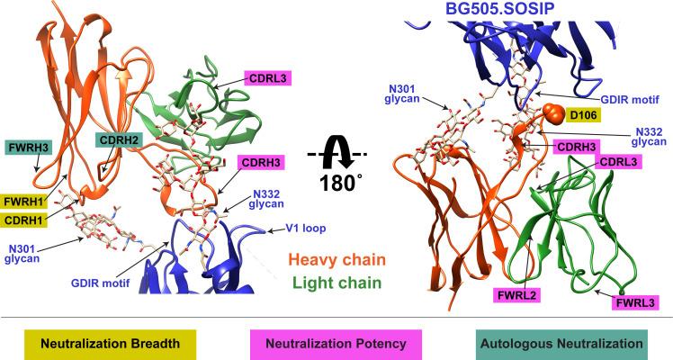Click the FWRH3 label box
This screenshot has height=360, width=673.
[27, 145]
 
